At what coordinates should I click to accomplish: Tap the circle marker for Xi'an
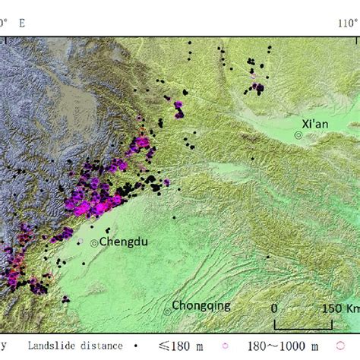[298, 134]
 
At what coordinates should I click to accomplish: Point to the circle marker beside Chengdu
[95, 243]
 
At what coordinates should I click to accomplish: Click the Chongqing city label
[201, 306]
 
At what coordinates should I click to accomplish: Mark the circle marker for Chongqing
[168, 311]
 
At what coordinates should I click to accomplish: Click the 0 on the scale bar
[275, 309]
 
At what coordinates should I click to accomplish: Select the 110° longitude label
[346, 23]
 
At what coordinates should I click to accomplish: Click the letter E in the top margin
[21, 23]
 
